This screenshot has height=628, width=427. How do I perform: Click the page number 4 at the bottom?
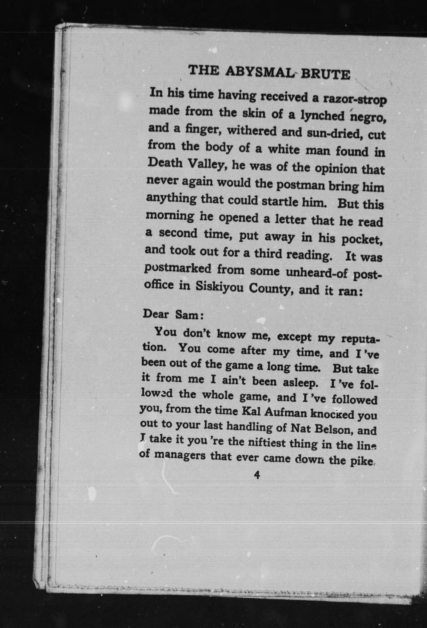257,475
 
